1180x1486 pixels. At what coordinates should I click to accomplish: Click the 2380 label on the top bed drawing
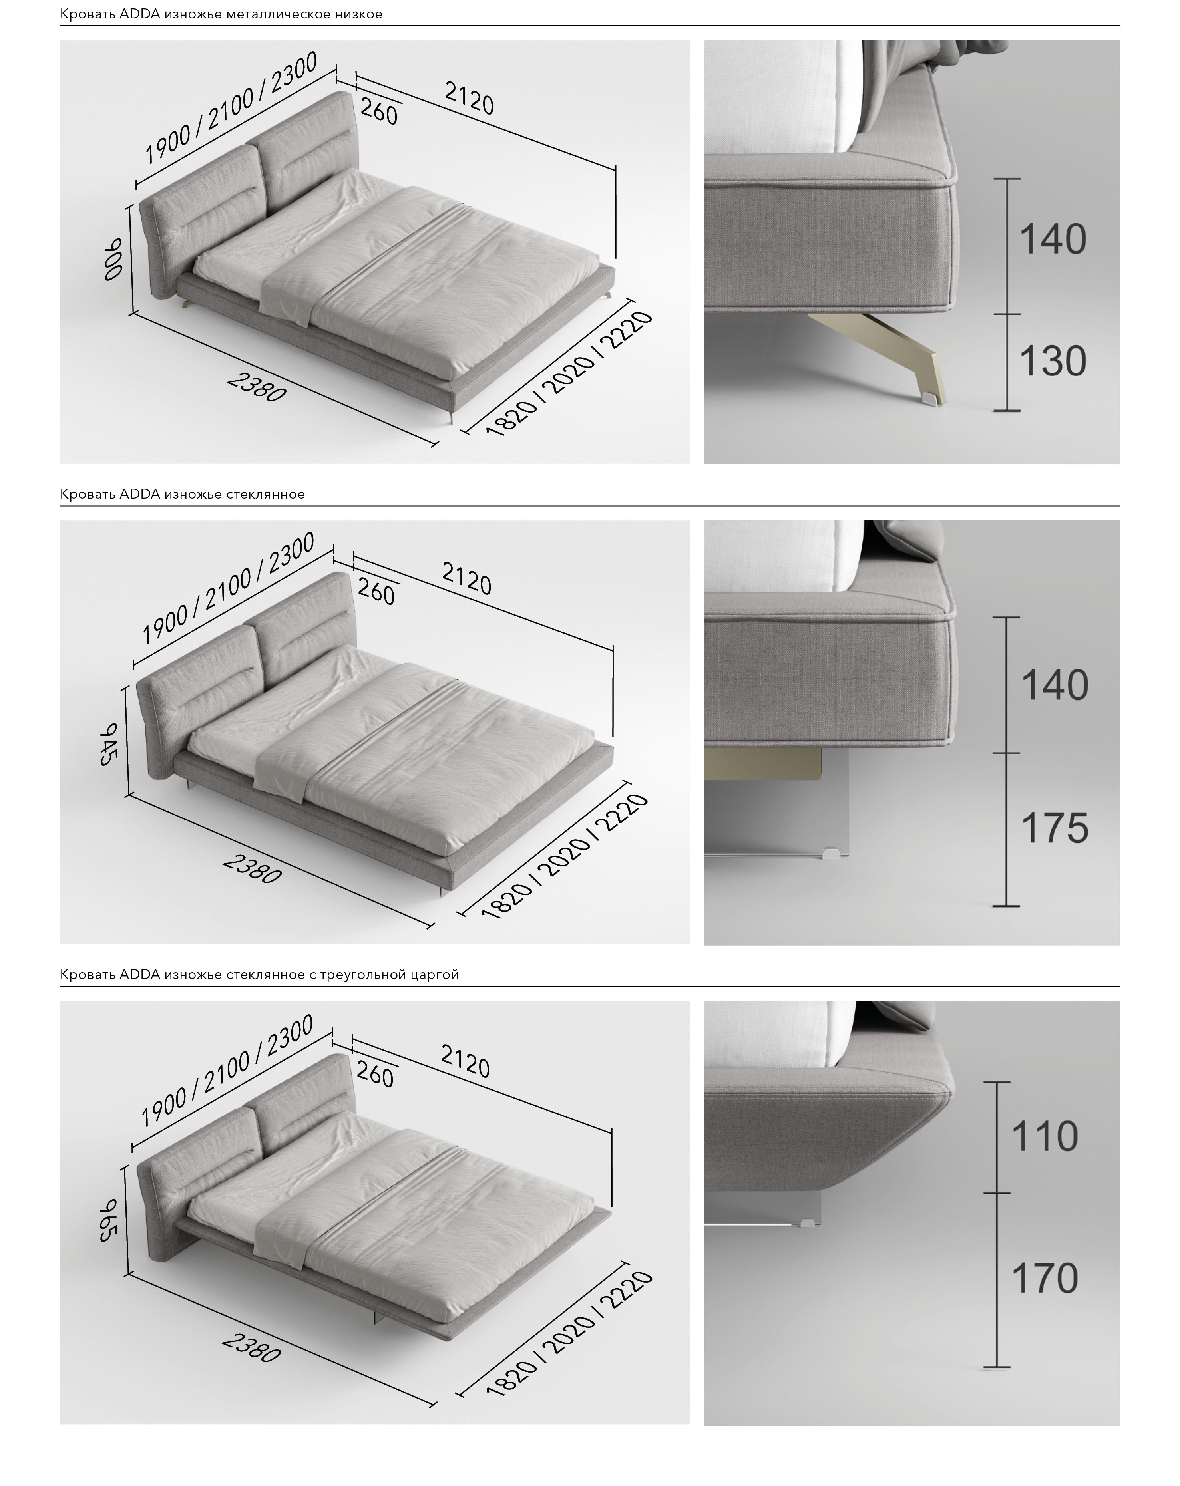(x=256, y=388)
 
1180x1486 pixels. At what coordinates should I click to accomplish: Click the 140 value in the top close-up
(x=1053, y=239)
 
